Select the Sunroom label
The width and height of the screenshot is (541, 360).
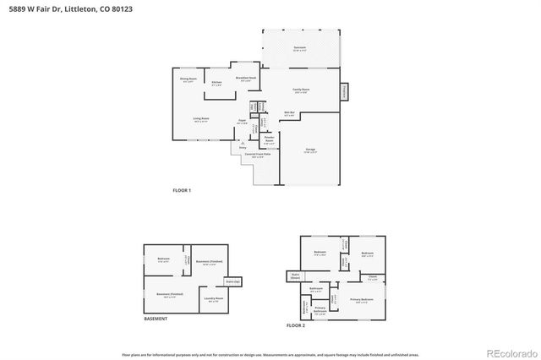coord(299,48)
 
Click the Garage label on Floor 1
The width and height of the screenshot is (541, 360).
coord(310,150)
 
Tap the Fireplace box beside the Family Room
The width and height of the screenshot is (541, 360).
coord(344,90)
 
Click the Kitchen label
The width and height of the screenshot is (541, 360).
coord(217,83)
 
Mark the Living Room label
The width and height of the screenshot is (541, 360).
coord(201,119)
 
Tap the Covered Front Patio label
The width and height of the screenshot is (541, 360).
coord(257,155)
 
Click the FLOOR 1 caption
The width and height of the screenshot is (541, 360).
coord(182,190)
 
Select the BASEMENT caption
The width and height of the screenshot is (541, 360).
coord(156,319)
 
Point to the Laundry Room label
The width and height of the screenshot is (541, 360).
coord(213,298)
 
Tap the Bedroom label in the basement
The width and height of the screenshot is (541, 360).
coord(164,259)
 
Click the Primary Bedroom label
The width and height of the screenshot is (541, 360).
coord(362,300)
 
